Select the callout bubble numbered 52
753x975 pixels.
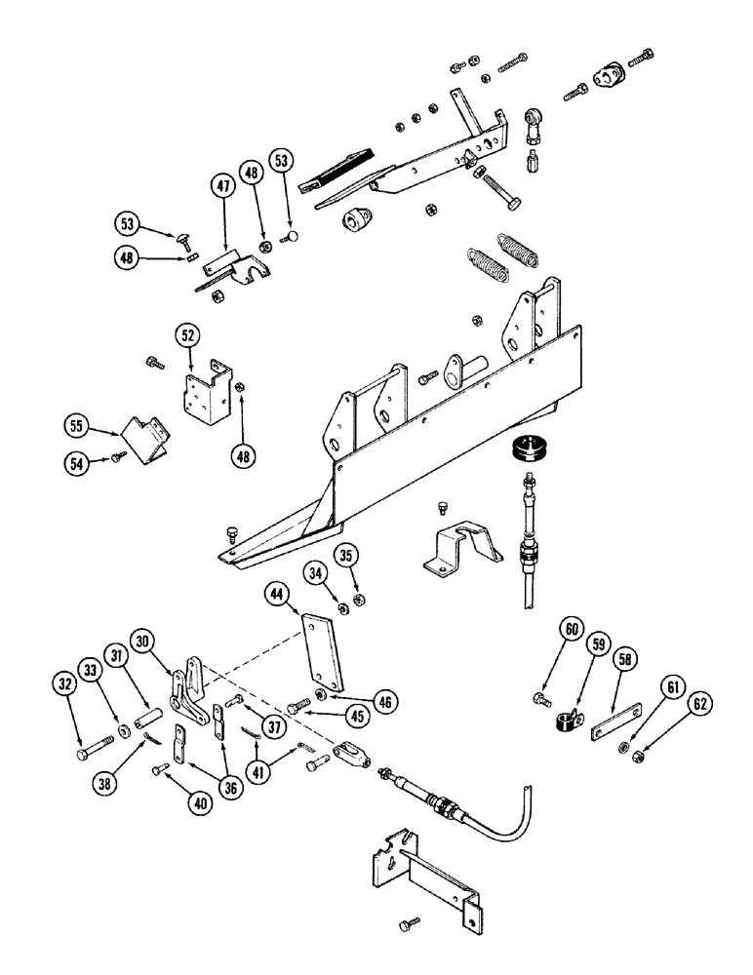click(189, 336)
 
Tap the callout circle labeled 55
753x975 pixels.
click(77, 427)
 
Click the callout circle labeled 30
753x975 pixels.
click(144, 643)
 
